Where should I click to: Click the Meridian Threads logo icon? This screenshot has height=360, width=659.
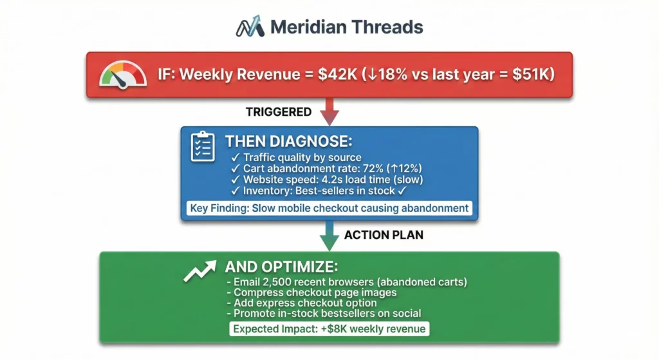[x=250, y=26]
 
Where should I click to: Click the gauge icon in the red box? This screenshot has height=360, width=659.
[x=123, y=75]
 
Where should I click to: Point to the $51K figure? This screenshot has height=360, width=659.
[x=533, y=75]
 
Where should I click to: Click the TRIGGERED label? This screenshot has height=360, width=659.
[x=279, y=112]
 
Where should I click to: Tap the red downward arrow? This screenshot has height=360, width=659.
[x=329, y=111]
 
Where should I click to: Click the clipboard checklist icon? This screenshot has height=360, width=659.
[x=203, y=146]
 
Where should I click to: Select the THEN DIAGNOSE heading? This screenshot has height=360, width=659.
[x=289, y=141]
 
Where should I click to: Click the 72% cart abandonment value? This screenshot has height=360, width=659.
[x=373, y=169]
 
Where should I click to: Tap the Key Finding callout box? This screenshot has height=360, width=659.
[x=329, y=208]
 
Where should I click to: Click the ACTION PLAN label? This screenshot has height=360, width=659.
[x=384, y=235]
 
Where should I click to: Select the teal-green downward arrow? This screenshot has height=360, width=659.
[x=329, y=236]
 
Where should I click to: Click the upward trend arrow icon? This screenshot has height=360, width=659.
[x=200, y=271]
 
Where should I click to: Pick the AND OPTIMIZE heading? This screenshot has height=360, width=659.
[x=282, y=267]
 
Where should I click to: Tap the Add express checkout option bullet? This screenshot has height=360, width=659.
[x=302, y=303]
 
